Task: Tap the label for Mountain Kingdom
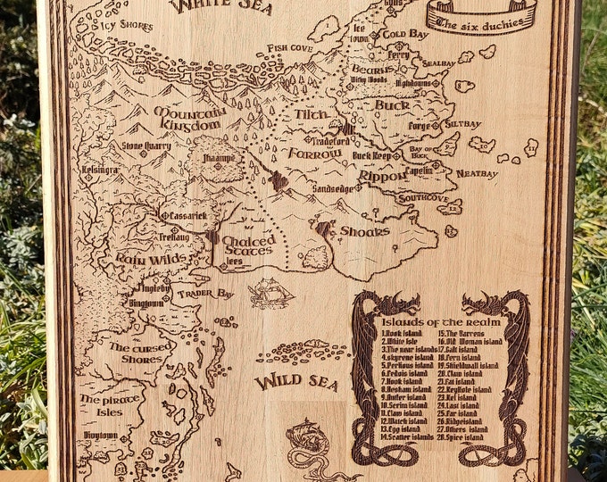[188, 119]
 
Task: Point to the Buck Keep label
[373, 155]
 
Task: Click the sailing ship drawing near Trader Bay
[271, 292]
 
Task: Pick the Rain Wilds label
[150, 258]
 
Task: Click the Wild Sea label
[295, 383]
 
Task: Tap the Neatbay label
[476, 174]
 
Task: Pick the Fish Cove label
[288, 47]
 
